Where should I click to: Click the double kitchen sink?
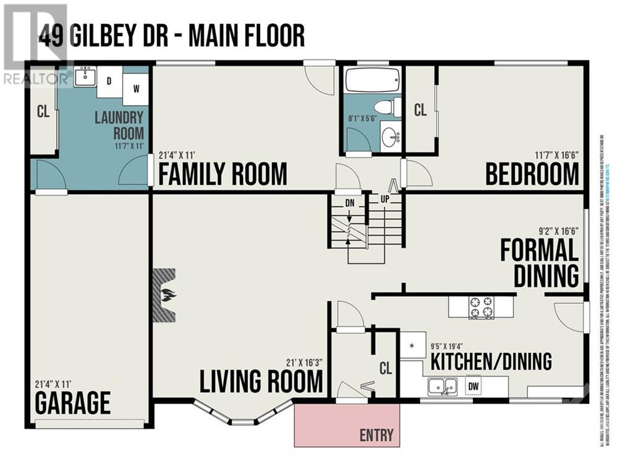click(443, 386)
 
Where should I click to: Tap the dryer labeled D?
click(109, 82)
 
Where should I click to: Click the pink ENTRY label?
click(376, 434)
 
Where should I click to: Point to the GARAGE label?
click(72, 403)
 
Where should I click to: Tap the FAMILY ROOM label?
click(223, 174)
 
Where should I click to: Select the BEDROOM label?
click(532, 174)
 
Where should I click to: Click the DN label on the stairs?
click(349, 203)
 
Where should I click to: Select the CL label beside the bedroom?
click(420, 110)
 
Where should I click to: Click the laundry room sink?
click(85, 77)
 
